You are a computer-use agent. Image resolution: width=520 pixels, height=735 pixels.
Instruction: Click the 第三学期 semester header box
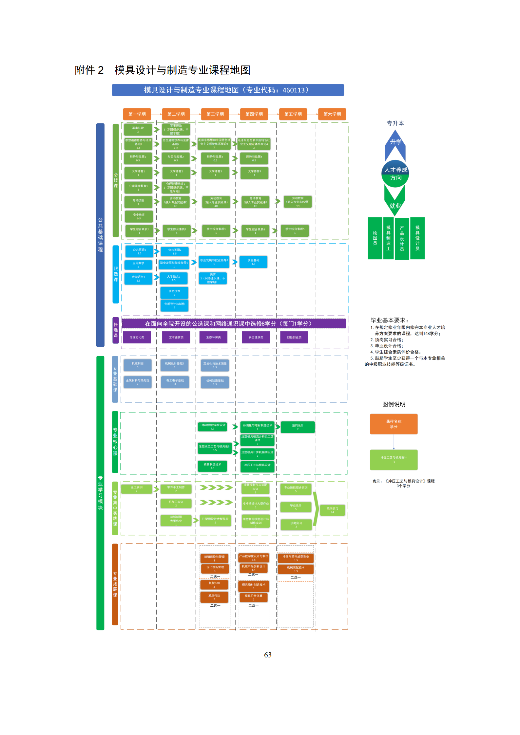point(215,114)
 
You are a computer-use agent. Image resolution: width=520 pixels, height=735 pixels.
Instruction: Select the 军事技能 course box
point(138,129)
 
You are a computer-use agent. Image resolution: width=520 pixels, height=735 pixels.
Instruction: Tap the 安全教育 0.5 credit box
point(139,216)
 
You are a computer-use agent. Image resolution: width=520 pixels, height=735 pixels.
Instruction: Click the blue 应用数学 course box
point(138,265)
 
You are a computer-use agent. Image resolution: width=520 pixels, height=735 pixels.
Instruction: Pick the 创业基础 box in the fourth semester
point(253,262)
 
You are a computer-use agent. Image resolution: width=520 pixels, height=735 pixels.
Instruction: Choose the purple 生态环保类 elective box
point(213,337)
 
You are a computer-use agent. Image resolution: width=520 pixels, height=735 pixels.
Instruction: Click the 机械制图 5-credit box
point(138,365)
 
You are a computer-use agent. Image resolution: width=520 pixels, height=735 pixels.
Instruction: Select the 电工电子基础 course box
point(175,382)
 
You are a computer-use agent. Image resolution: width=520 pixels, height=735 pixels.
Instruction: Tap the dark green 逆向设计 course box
point(298,427)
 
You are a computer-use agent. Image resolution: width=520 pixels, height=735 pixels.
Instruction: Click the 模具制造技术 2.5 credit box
point(212,466)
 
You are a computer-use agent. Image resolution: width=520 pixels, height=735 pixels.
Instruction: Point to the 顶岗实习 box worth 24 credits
point(332,510)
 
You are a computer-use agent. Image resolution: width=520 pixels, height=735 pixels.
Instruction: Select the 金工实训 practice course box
point(137,489)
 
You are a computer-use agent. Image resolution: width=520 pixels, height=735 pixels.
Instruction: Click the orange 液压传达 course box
point(214,597)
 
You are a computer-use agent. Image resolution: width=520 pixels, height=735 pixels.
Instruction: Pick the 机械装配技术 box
point(296,569)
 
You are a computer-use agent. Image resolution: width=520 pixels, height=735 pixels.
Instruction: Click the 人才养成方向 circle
point(395,174)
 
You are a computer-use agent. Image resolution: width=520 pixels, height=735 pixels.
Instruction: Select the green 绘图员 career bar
point(375,238)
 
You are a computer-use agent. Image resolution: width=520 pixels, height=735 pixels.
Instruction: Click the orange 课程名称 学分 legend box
point(394,424)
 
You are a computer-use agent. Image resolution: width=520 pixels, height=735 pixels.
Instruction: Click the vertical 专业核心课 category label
point(115,442)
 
